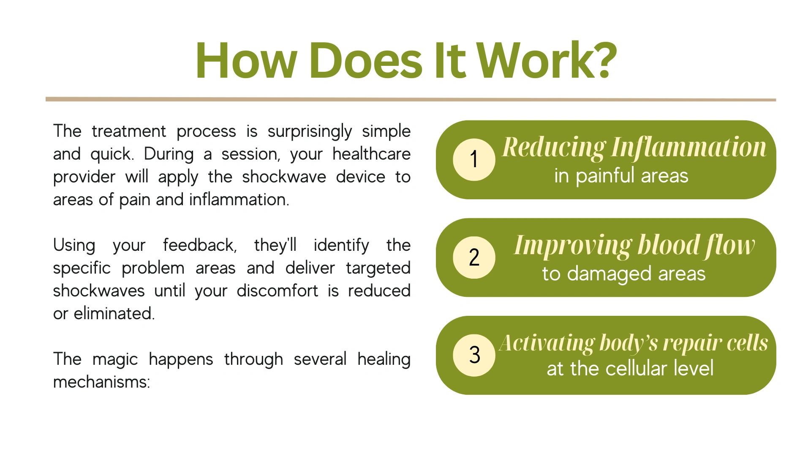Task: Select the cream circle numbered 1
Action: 474,160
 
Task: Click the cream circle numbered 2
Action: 474,258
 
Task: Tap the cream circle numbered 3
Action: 474,355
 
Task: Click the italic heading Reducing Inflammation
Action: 634,148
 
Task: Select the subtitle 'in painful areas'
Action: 621,176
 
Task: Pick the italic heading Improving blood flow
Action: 634,245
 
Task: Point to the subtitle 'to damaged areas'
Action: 624,274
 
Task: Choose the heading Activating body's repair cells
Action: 634,343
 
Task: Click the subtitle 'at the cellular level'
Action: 630,368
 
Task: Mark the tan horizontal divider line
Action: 411,100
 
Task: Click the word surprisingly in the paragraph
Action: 310,132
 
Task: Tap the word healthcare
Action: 371,154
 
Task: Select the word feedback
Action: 200,245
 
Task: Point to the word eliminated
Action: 114,313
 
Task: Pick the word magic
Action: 115,360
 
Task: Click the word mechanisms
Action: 101,382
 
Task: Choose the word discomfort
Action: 277,290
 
